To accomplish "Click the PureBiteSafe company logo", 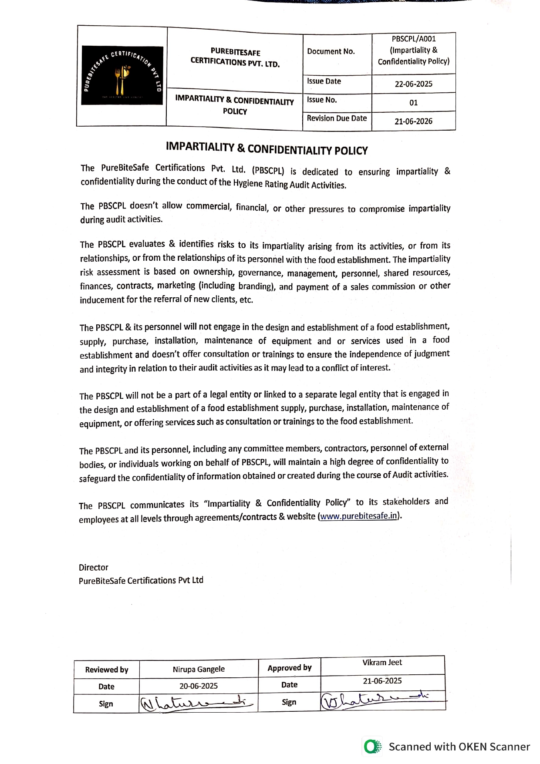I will click(x=122, y=75).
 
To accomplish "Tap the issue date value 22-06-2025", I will click(x=413, y=84).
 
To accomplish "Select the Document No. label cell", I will click(x=331, y=51).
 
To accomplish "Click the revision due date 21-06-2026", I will click(x=413, y=121).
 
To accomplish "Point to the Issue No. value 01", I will click(x=413, y=103).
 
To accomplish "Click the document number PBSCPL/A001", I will click(x=413, y=39).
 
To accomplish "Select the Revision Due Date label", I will click(x=337, y=118).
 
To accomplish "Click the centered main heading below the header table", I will click(x=267, y=148).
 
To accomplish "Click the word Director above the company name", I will click(x=94, y=567).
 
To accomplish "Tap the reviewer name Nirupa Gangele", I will click(x=199, y=669).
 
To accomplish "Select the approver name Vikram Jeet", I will click(x=382, y=663).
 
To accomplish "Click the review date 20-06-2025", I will click(x=199, y=686).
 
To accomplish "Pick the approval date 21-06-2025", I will click(x=382, y=681).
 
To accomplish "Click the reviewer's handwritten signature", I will click(x=196, y=703).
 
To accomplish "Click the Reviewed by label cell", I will click(x=107, y=670).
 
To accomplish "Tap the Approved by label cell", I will click(x=290, y=668).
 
